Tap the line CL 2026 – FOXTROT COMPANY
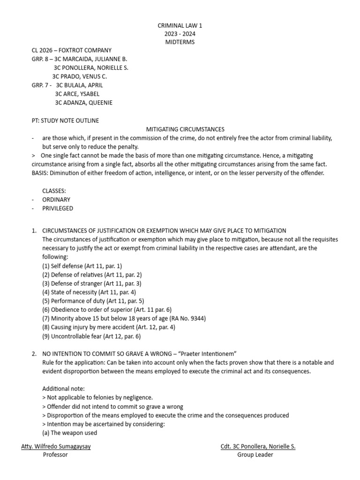coord(71,51)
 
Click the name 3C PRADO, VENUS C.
coord(79,76)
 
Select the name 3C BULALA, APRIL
coord(79,85)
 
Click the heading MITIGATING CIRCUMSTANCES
coord(185,129)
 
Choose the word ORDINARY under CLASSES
coord(56,200)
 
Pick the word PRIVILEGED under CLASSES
coord(58,208)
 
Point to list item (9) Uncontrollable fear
coord(91,336)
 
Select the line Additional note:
coord(63,389)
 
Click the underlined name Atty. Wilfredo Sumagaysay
coord(56,446)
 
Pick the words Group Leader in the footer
coord(255,455)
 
